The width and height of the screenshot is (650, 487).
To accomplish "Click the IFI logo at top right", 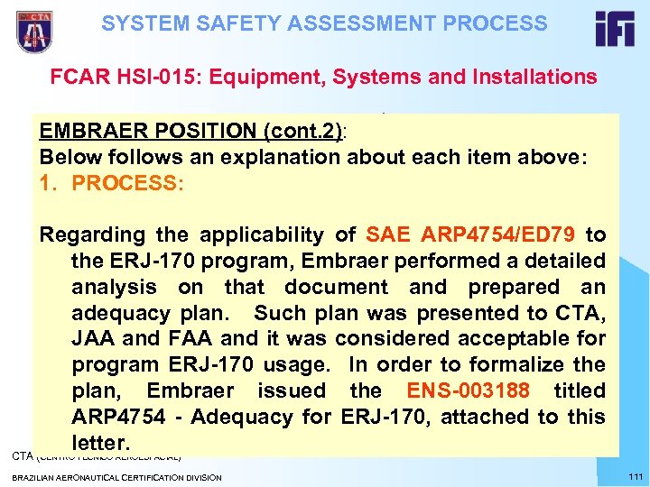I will pyautogui.click(x=615, y=30).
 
